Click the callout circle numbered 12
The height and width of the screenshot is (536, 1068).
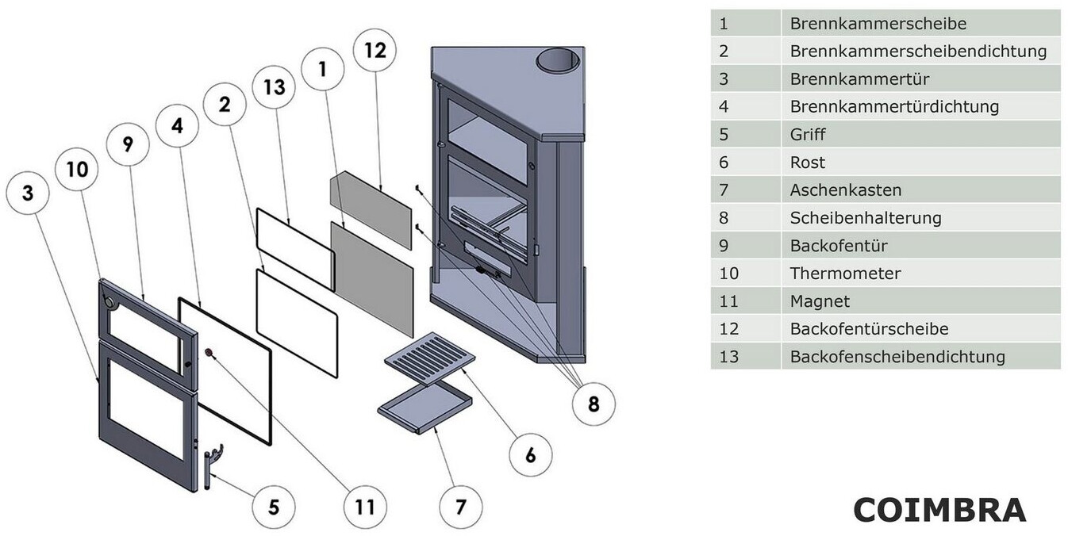pyautogui.click(x=375, y=51)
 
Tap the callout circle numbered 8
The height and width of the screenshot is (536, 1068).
pyautogui.click(x=594, y=404)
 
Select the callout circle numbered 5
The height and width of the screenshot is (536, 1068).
pyautogui.click(x=274, y=507)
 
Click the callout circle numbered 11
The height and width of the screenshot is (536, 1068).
pyautogui.click(x=364, y=507)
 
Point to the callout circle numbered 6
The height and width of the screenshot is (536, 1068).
pyautogui.click(x=530, y=455)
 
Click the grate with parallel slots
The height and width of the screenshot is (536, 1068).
pyautogui.click(x=430, y=358)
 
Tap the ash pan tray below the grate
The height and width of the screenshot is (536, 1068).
pyautogui.click(x=425, y=406)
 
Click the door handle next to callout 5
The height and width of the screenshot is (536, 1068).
pyautogui.click(x=212, y=466)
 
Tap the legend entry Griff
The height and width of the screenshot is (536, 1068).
pyautogui.click(x=807, y=135)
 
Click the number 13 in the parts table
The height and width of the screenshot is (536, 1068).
pyautogui.click(x=728, y=357)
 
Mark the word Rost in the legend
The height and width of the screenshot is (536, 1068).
pyautogui.click(x=807, y=163)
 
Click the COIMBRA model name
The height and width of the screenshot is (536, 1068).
pyautogui.click(x=939, y=510)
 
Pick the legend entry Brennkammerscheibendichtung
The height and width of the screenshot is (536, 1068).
pyautogui.click(x=918, y=52)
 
